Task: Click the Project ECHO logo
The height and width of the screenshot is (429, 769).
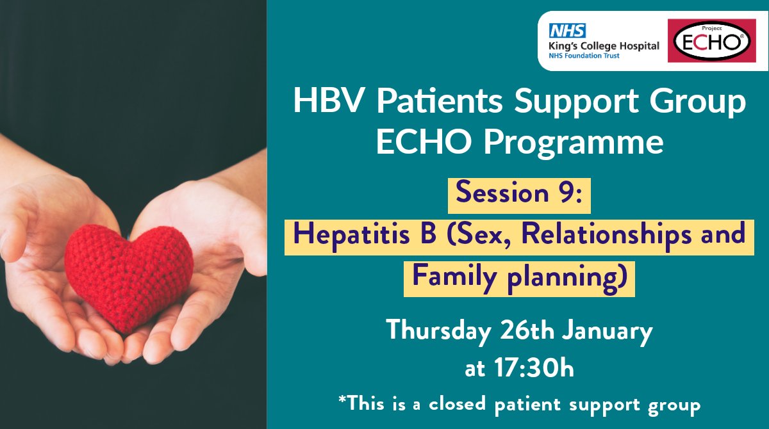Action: [x=712, y=41]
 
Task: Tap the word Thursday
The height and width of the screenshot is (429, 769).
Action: [x=438, y=332]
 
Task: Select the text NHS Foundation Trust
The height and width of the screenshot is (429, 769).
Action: [x=584, y=56]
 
